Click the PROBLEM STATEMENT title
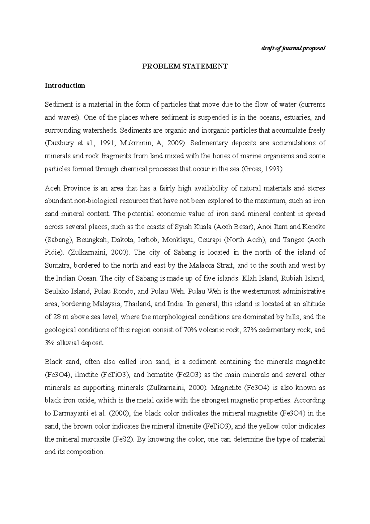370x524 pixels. pyautogui.click(x=184, y=66)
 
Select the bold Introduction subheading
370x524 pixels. pyautogui.click(x=65, y=85)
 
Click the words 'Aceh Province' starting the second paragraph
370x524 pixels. pyautogui.click(x=64, y=188)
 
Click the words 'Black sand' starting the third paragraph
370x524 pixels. pyautogui.click(x=59, y=362)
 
